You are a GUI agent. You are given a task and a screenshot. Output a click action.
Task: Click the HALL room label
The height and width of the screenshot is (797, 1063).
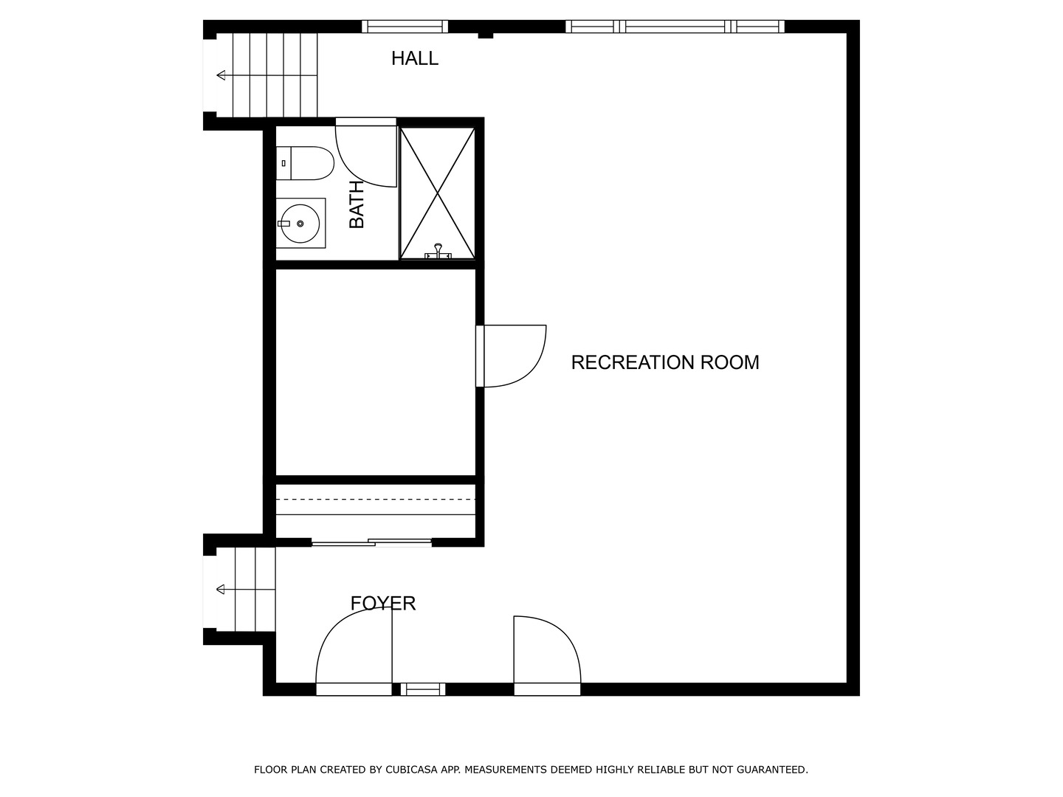pyautogui.click(x=414, y=58)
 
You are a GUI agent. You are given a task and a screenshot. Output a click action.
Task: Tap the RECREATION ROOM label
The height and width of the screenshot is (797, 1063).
pyautogui.click(x=664, y=362)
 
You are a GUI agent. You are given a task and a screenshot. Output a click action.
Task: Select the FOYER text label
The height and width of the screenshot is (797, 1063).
pyautogui.click(x=382, y=604)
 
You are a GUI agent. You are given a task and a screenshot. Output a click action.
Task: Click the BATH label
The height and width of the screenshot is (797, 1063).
pyautogui.click(x=357, y=204)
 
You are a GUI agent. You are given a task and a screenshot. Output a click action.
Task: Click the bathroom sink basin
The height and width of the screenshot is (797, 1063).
pyautogui.click(x=300, y=223)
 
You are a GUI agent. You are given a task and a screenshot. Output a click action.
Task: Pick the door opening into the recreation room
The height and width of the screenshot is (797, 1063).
pyautogui.click(x=512, y=356)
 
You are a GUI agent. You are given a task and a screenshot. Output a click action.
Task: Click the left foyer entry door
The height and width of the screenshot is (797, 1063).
pyautogui.click(x=354, y=653)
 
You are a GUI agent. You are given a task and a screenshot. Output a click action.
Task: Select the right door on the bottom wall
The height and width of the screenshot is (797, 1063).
pyautogui.click(x=547, y=653)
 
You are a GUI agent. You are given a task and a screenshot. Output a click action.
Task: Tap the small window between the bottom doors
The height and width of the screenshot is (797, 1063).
pyautogui.click(x=423, y=689)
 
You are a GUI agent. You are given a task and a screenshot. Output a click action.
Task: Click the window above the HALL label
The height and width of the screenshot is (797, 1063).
pyautogui.click(x=405, y=27)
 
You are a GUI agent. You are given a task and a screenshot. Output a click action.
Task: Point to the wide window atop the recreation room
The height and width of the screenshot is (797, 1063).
pyautogui.click(x=675, y=27)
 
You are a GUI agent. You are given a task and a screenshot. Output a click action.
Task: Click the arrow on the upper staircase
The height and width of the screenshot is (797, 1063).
pyautogui.click(x=221, y=75)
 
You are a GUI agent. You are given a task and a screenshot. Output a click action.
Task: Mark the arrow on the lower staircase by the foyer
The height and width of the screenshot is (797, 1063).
pyautogui.click(x=221, y=589)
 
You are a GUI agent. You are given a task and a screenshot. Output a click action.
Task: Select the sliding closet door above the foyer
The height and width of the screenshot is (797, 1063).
pyautogui.click(x=371, y=543)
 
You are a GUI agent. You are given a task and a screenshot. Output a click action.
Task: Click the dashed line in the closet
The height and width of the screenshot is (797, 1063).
pyautogui.click(x=375, y=500)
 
